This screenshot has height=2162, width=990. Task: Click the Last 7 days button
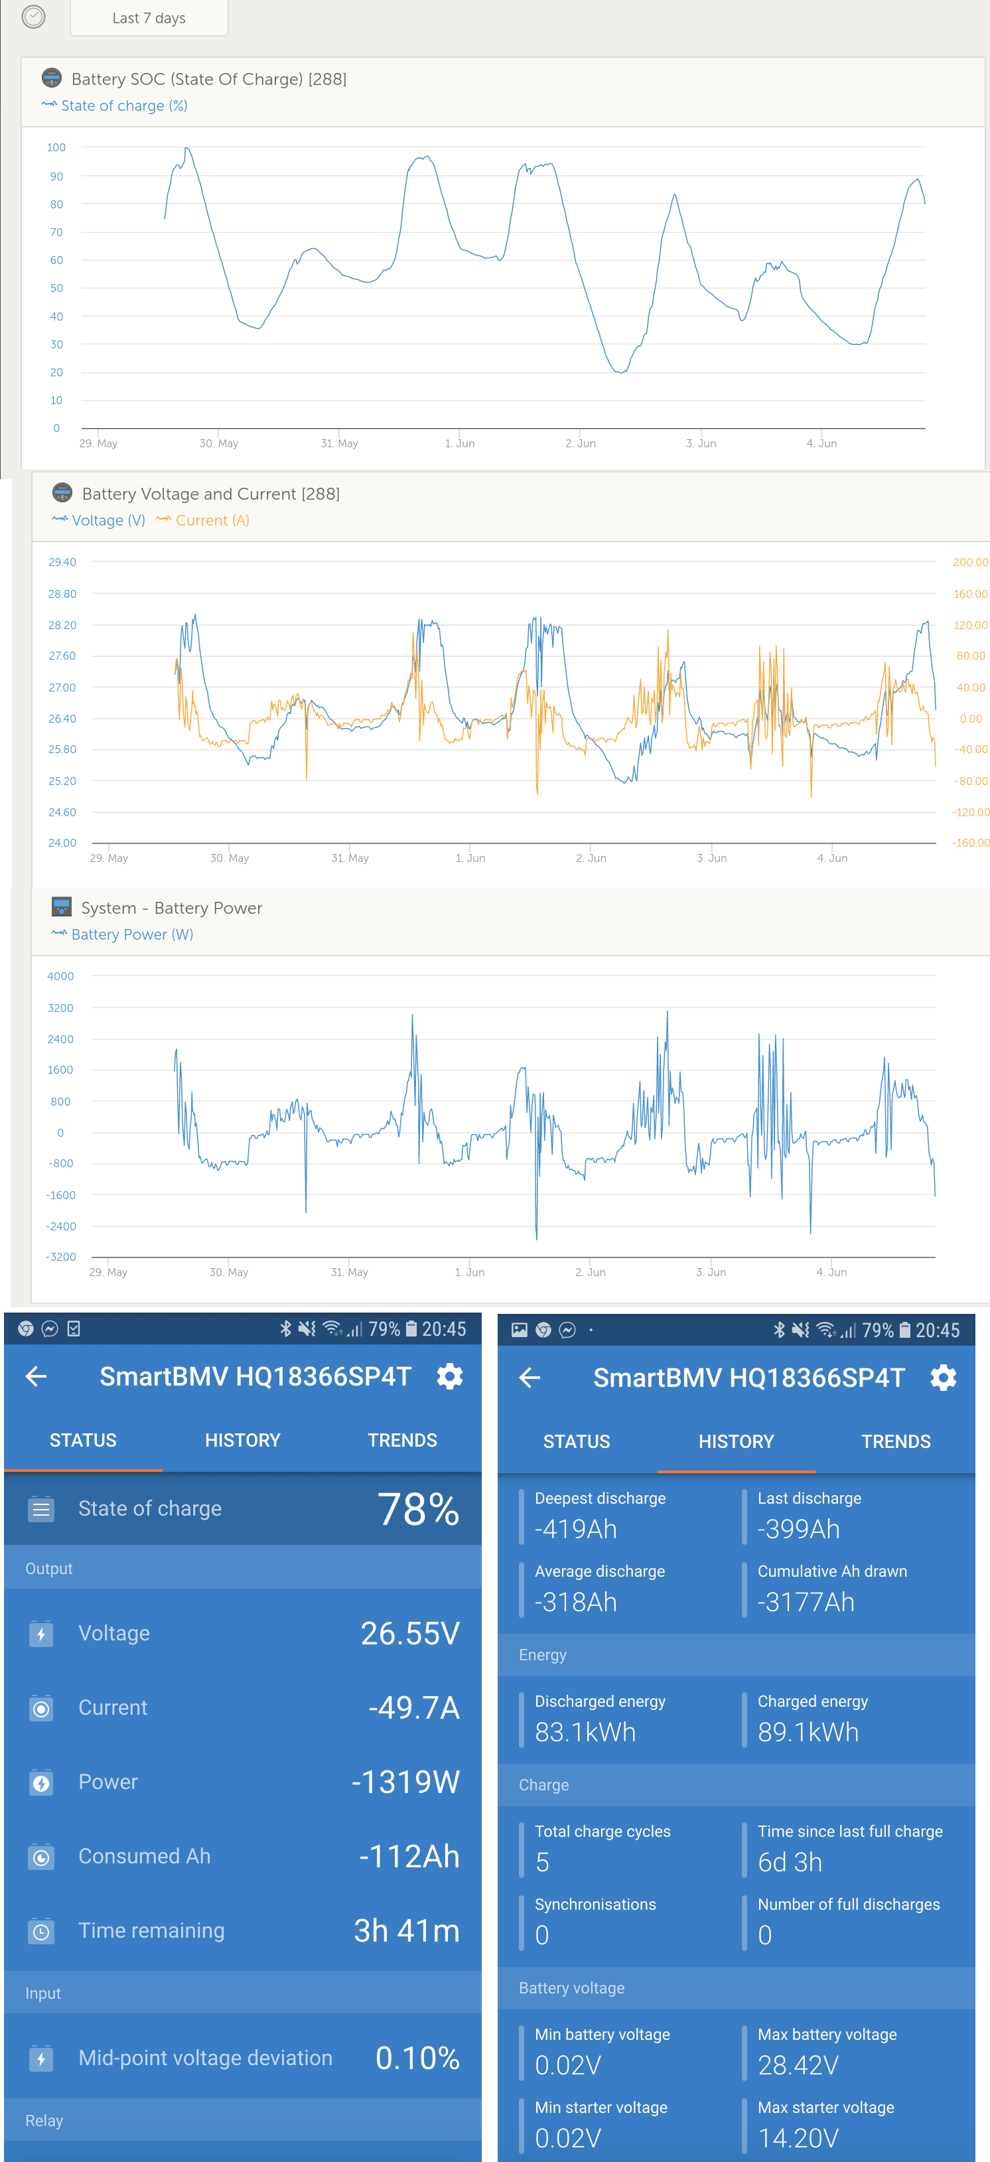[x=149, y=18]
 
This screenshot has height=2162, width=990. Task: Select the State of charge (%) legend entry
[x=115, y=106]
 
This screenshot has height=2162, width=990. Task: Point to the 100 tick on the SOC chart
[x=56, y=148]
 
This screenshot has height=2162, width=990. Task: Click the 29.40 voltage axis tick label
[x=62, y=562]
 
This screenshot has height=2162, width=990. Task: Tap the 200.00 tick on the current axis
[x=971, y=562]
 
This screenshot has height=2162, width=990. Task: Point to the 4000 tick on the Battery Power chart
[x=60, y=976]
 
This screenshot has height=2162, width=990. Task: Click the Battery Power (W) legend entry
[x=123, y=934]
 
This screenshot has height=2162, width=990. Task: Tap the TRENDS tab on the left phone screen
[x=403, y=1440]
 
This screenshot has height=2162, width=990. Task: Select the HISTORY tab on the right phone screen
[x=736, y=1442]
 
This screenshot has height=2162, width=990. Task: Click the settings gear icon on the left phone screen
[x=450, y=1376]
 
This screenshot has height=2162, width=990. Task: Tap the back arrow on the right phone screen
[x=530, y=1377]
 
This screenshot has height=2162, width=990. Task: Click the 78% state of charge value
[x=418, y=1509]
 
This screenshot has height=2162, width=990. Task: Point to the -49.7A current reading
[x=413, y=1707]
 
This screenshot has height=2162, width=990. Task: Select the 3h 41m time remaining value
[x=406, y=1930]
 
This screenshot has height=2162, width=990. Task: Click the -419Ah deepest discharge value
[x=575, y=1529]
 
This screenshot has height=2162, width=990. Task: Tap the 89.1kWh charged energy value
[x=808, y=1732]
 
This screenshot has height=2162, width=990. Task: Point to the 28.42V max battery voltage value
[x=798, y=2066]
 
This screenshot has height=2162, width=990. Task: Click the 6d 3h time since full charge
[x=790, y=1862]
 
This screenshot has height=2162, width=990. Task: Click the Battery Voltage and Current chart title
[x=210, y=494]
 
